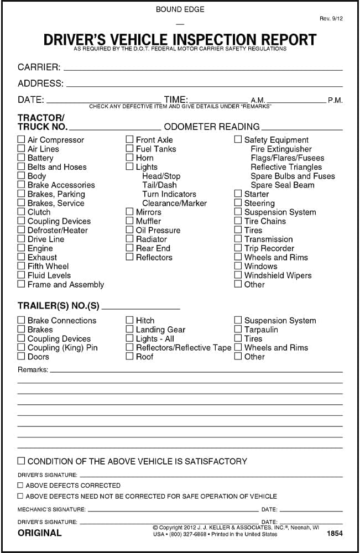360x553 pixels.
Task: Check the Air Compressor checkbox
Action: (21, 140)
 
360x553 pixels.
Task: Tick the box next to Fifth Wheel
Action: (21, 267)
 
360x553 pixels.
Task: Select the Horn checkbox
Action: (129, 158)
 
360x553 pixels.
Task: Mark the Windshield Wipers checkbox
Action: (238, 275)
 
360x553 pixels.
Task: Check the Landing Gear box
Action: (129, 330)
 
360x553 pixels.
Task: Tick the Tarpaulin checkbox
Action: (238, 330)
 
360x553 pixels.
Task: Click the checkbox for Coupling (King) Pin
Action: (21, 348)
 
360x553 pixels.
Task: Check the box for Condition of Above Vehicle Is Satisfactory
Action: (21, 461)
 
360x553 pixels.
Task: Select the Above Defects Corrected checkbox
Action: (20, 485)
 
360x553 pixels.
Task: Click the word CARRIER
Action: (39, 67)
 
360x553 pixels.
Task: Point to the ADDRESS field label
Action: (40, 84)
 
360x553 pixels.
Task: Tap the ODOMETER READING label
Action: (212, 127)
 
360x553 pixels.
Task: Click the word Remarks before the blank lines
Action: (33, 369)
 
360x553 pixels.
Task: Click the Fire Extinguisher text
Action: (281, 149)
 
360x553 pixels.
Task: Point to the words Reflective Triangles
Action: (286, 167)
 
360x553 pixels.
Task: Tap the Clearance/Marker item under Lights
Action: (174, 204)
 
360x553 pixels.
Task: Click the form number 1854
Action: (335, 534)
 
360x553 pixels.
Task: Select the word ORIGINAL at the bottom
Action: (40, 533)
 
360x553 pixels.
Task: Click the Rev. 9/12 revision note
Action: (332, 19)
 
